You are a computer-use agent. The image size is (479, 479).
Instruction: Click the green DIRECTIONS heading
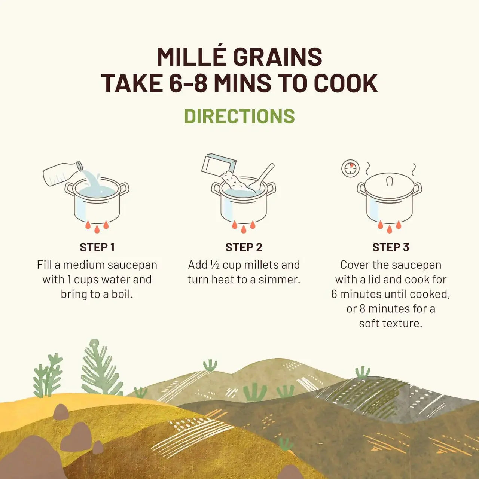pos(239,116)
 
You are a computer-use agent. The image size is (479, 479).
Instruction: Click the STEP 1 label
pos(97,247)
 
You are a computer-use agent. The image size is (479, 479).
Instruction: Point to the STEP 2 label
pos(244,247)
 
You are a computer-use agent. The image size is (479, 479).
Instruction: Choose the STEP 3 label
pos(390,247)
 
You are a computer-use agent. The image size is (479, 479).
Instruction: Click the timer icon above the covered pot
pos(350,168)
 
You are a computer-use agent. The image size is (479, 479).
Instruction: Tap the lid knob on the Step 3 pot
pos(390,181)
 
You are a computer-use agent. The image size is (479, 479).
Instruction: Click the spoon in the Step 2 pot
pos(263,176)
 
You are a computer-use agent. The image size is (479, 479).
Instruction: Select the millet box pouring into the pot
pos(219,165)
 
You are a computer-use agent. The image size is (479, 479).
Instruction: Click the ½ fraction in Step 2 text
pos(215,265)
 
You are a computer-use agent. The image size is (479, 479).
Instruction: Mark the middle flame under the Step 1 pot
pos(97,229)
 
